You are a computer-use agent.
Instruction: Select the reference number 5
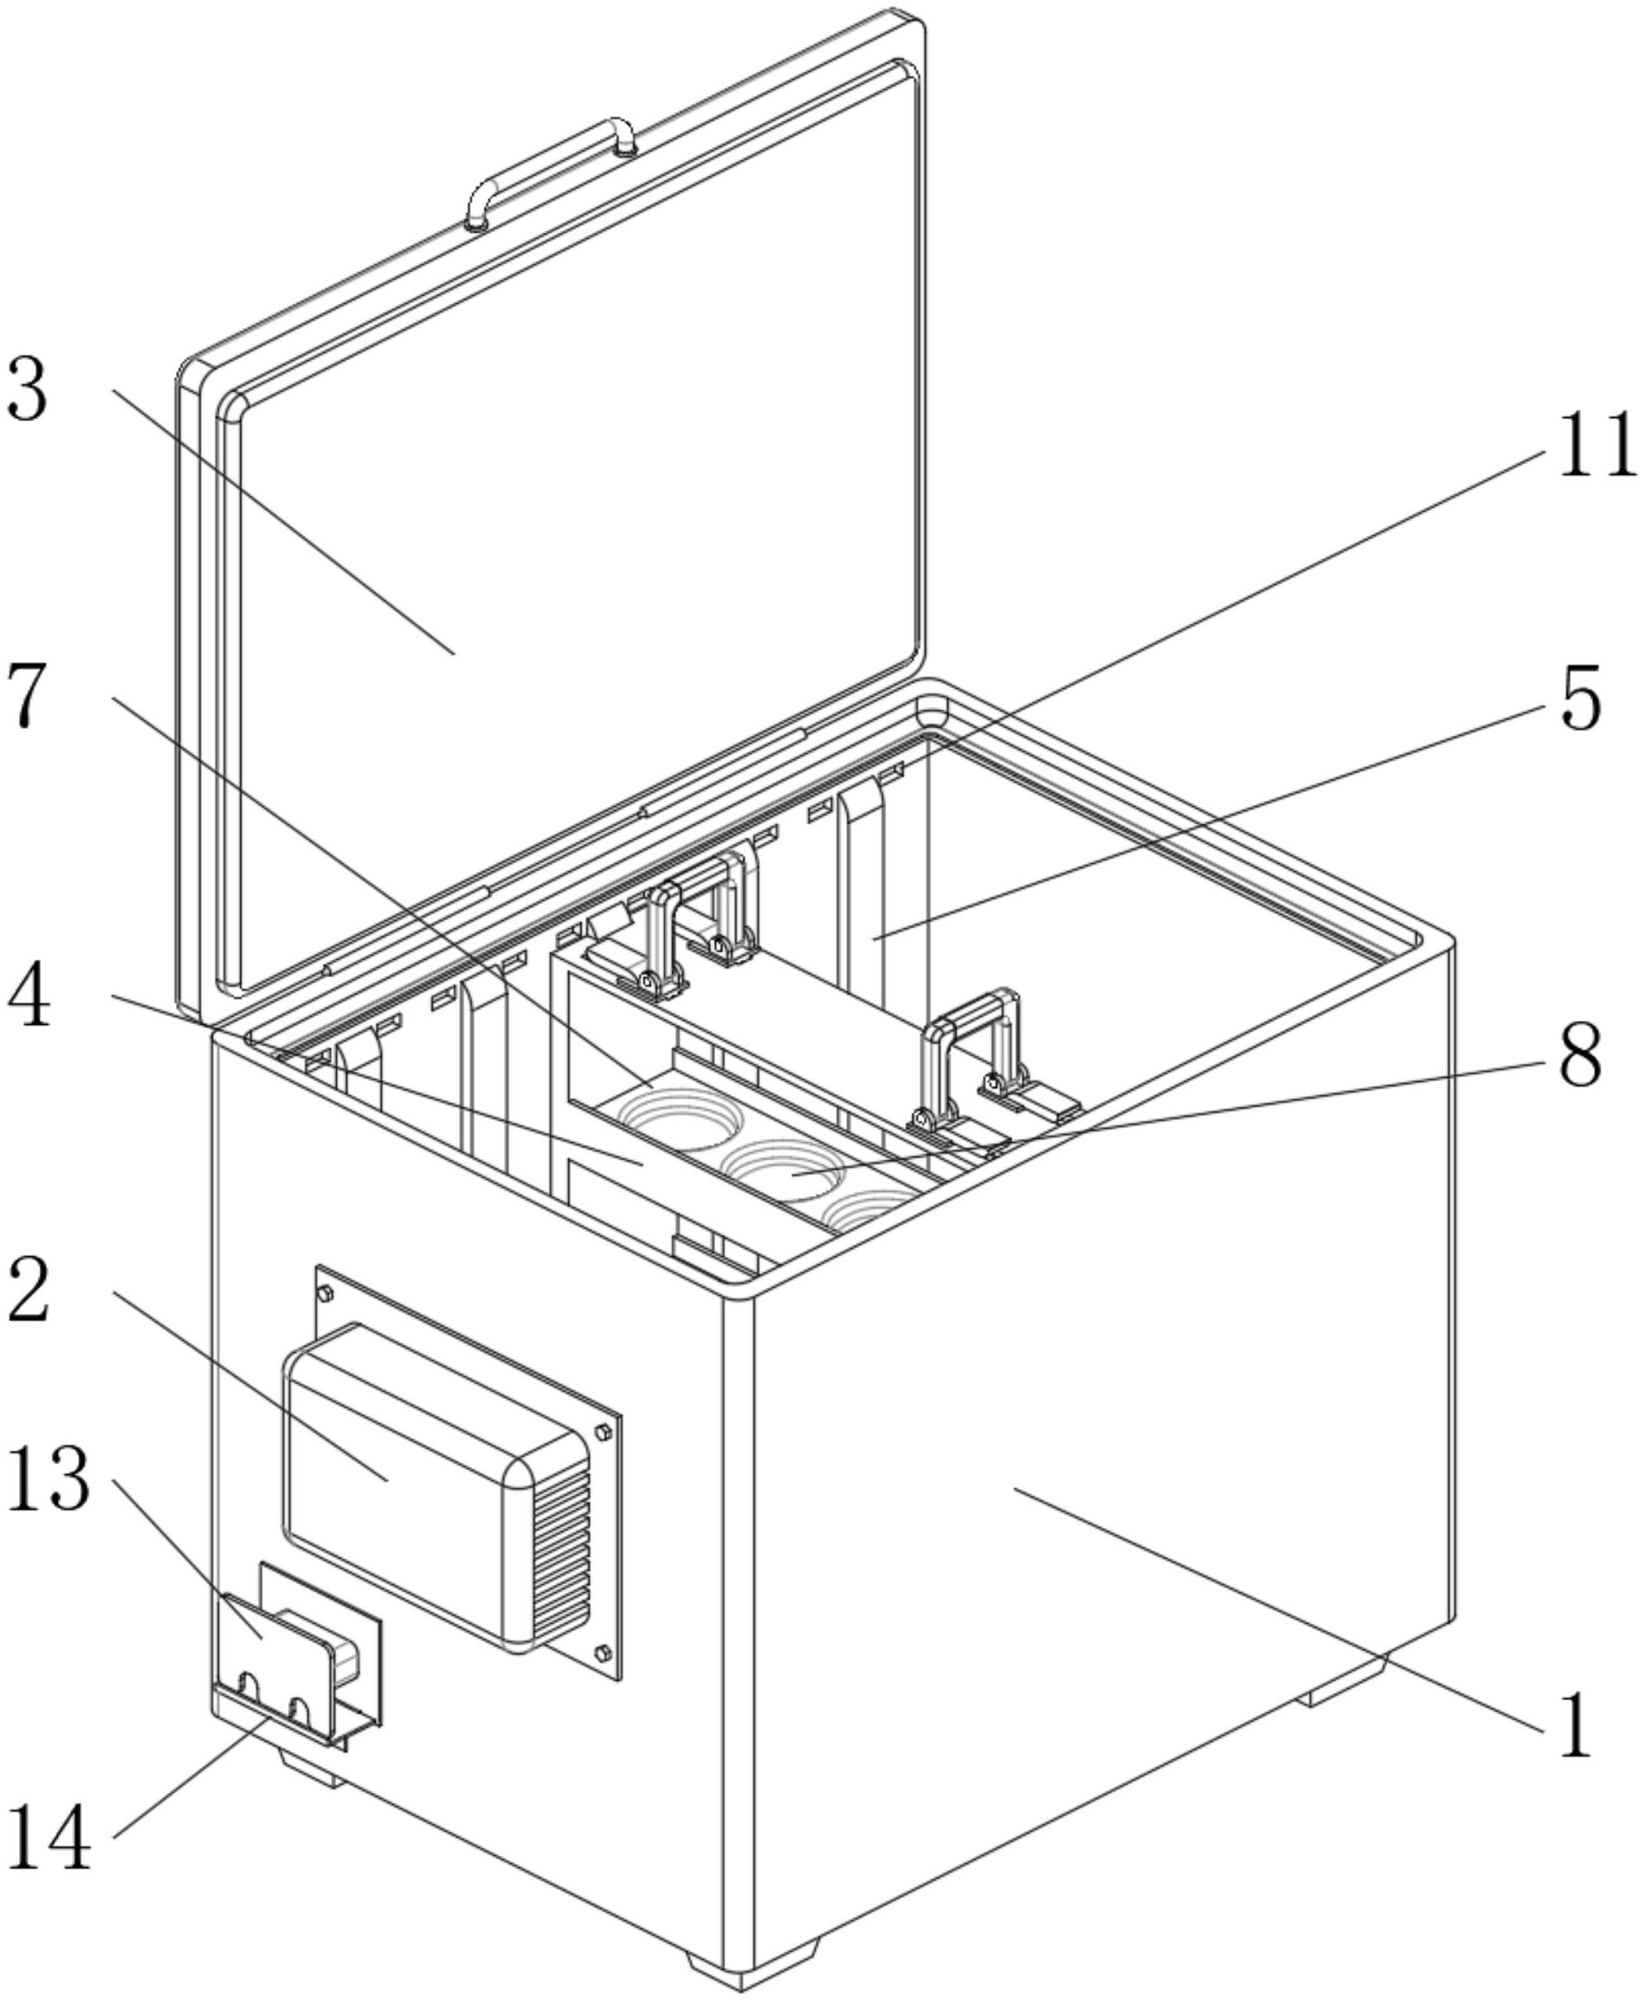(x=1580, y=700)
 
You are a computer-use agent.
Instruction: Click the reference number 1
(x=1575, y=1728)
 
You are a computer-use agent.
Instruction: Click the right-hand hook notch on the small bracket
(x=300, y=1705)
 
